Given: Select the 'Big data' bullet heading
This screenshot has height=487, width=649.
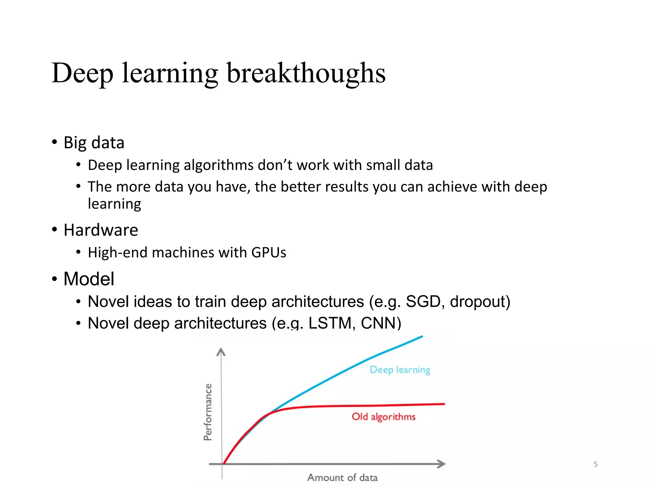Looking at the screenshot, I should pos(94,142).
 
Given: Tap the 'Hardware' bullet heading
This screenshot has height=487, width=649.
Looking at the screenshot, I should pos(101,230).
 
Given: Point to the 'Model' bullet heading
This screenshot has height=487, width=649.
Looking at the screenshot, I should pos(89,279).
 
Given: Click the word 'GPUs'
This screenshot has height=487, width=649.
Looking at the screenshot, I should pos(269,253).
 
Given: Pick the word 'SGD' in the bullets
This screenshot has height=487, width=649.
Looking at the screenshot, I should pos(423,301).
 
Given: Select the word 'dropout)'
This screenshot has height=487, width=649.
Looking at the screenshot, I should pos(480,301).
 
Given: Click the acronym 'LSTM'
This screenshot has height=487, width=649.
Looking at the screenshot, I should pos(330,323).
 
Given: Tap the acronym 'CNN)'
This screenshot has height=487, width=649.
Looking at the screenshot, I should pos(381,323).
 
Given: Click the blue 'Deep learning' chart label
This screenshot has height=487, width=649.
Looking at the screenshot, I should pos(400,370).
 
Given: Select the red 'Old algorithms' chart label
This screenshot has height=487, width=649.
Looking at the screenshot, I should pos(383,417).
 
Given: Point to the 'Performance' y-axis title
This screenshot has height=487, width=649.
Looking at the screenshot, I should pos(208,412).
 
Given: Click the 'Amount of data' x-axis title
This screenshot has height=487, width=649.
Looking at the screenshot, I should pos(342,477).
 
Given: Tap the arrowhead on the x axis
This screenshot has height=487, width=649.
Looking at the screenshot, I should pos(442,464).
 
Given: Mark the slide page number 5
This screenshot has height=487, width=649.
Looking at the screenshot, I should pos(595,464).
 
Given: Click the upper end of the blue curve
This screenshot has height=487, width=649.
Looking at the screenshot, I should pos(421,337).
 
